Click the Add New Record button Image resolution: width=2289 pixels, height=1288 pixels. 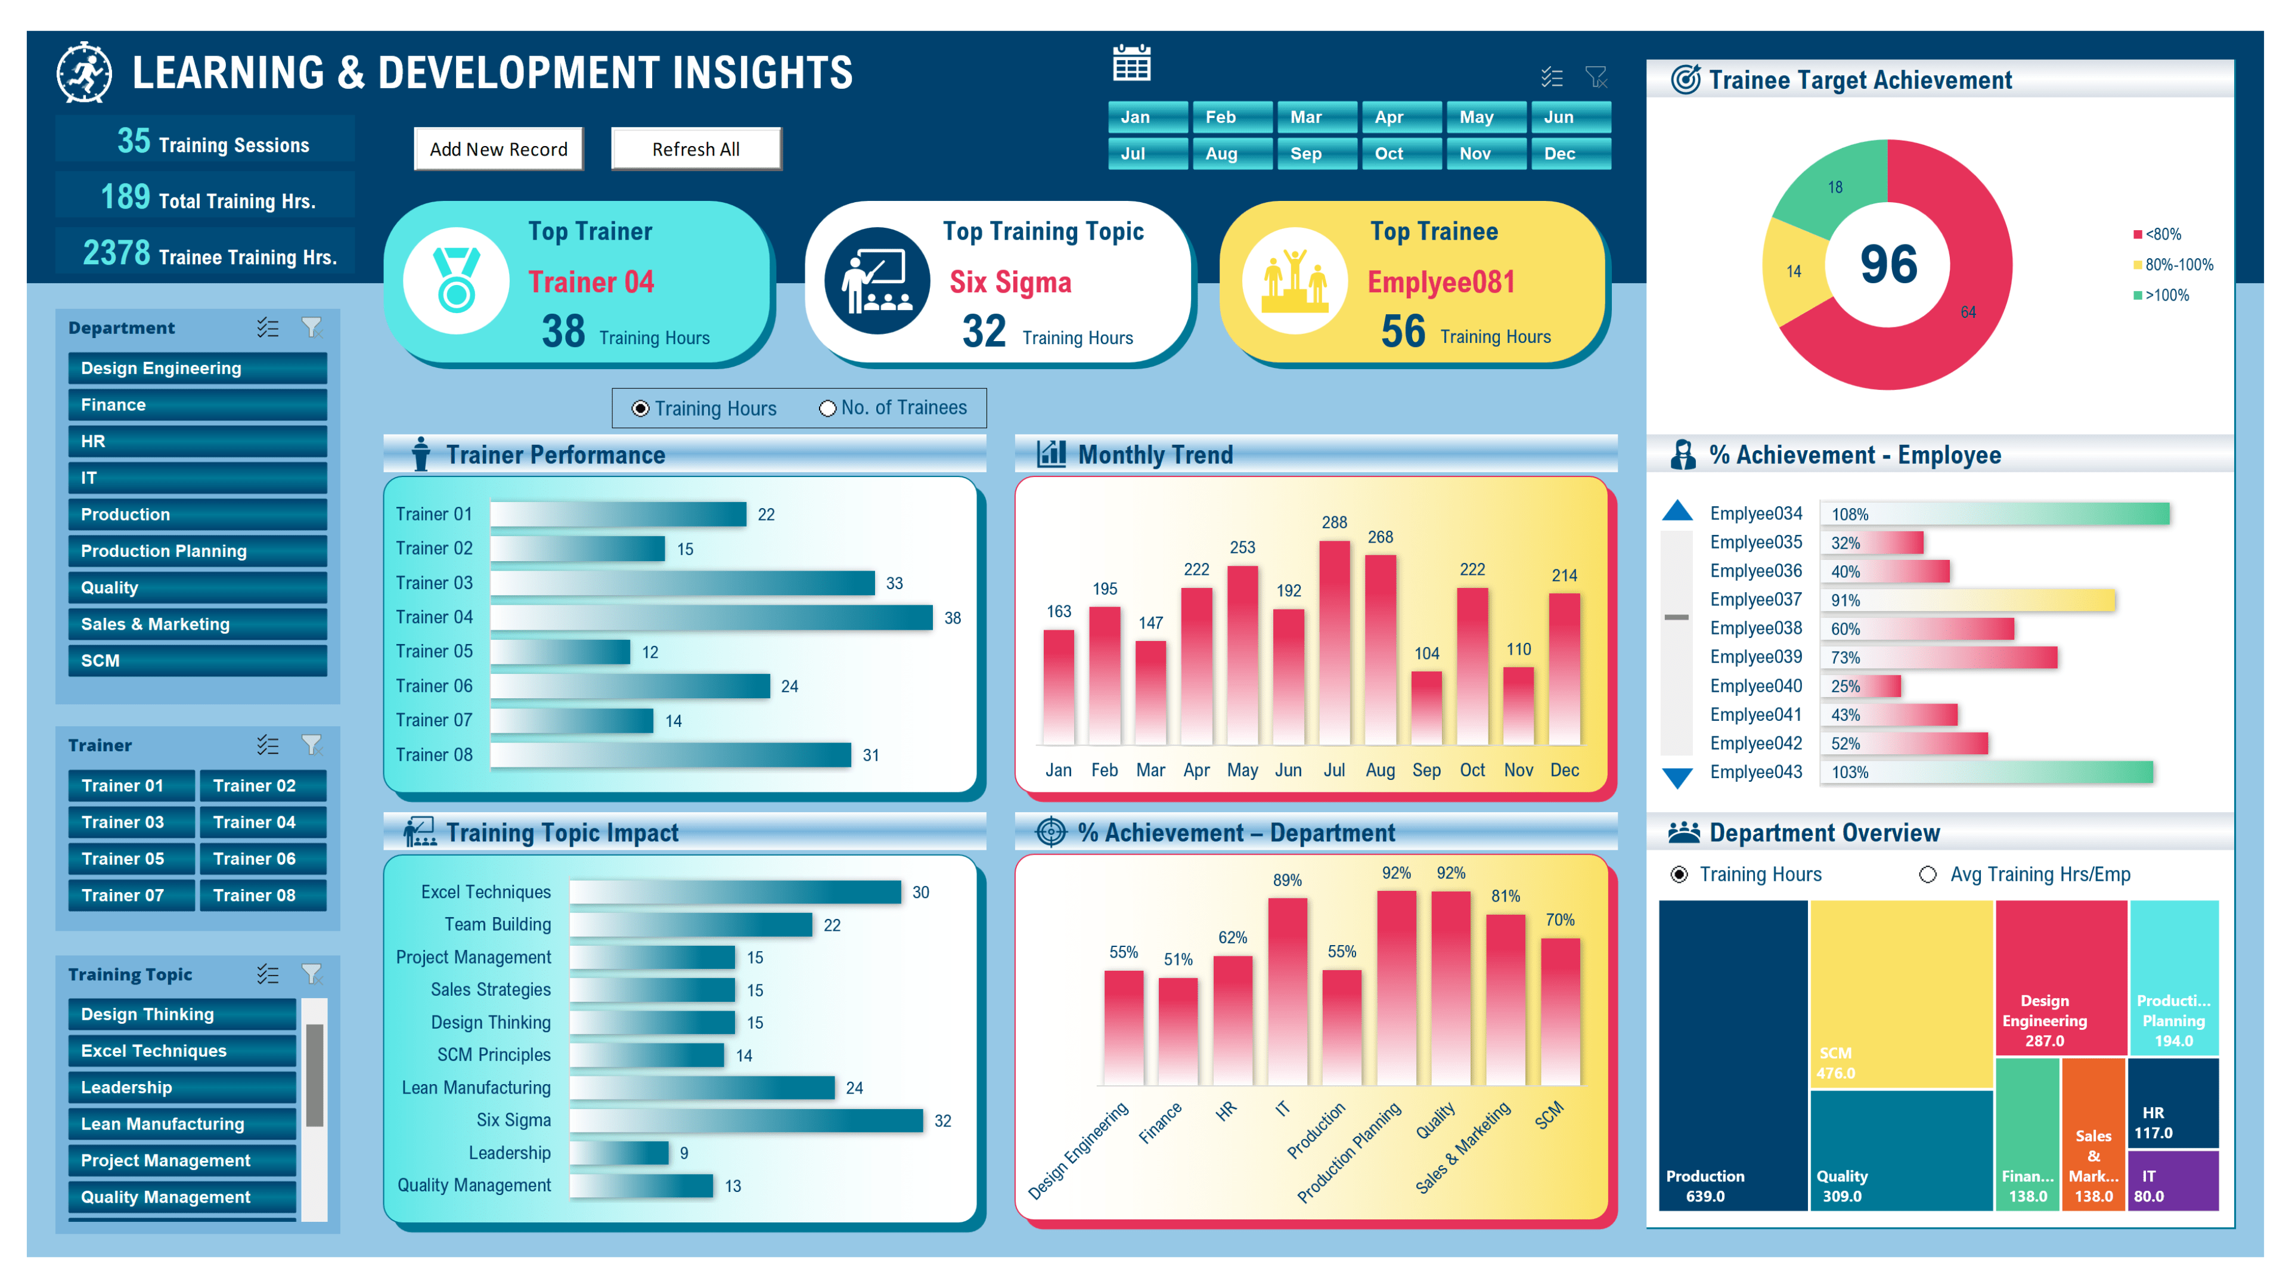[x=498, y=148]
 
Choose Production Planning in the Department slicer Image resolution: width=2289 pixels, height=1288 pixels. [x=197, y=551]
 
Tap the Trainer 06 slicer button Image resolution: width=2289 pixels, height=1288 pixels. [x=262, y=859]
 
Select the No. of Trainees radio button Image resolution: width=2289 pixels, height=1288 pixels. [x=827, y=408]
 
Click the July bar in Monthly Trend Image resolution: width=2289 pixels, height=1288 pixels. [x=1334, y=642]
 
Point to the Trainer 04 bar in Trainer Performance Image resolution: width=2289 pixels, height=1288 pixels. [x=711, y=618]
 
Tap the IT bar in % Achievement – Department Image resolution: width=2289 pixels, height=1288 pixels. [x=1287, y=991]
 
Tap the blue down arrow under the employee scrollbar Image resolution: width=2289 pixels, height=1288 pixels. [x=1677, y=778]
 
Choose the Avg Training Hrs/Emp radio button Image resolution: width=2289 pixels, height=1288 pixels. [x=1927, y=875]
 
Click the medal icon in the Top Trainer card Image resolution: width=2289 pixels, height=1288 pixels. [x=457, y=280]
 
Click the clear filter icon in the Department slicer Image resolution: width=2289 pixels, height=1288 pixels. [x=311, y=328]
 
